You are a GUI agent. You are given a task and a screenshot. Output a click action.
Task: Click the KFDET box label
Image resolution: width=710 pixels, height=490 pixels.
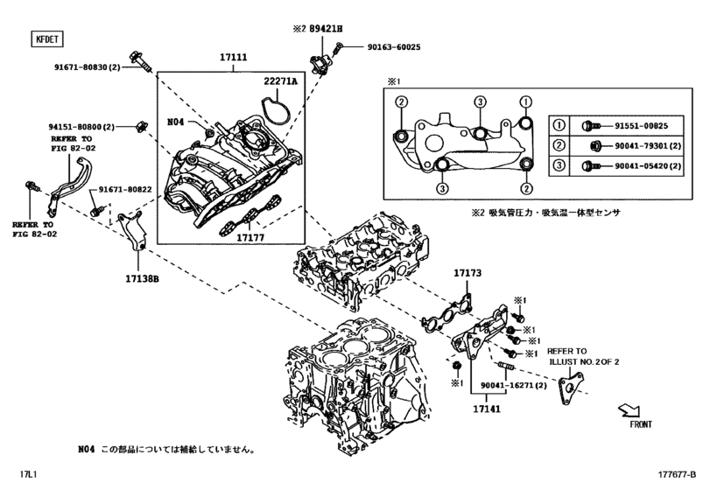44,38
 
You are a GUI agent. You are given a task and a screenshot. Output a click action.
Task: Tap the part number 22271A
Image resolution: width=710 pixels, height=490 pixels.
281,81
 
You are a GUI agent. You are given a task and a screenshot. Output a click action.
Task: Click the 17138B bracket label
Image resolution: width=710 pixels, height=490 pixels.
141,280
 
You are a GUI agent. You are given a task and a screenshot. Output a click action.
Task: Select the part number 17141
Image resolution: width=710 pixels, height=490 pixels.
487,407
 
